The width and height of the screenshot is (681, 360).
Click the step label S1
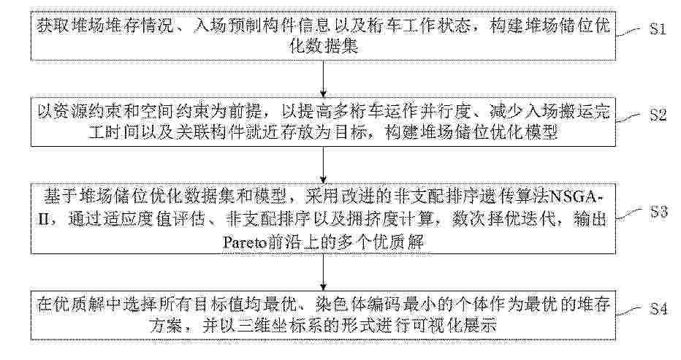click(658, 28)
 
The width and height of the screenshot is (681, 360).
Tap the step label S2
click(658, 115)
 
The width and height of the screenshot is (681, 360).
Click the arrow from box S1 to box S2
click(323, 79)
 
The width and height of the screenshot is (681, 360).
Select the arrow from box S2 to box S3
click(323, 165)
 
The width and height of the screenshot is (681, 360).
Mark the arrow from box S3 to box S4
click(323, 272)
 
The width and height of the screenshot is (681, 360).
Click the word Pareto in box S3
click(240, 242)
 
